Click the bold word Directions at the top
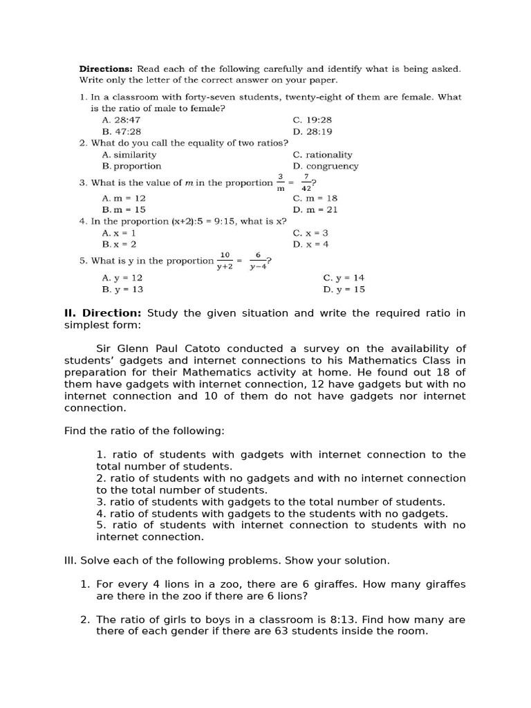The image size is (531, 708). tap(106, 69)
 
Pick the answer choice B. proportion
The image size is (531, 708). tap(131, 166)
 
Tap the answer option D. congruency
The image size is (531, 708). tap(325, 166)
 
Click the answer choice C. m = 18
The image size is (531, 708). tap(315, 198)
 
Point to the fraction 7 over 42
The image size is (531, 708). tap(306, 182)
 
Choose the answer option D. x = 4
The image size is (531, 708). tap(310, 244)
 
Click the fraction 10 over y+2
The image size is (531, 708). tap(225, 261)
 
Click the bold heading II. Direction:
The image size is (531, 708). tap(103, 313)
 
